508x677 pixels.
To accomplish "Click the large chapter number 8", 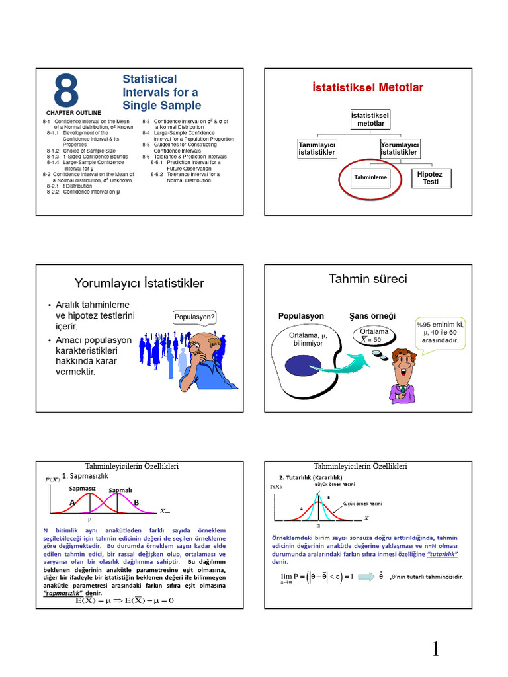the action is pyautogui.click(x=66, y=91).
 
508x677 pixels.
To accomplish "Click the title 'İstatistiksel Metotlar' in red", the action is pyautogui.click(x=367, y=87).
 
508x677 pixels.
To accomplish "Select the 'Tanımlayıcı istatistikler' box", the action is pyautogui.click(x=317, y=149).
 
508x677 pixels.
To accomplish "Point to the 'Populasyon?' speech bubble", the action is pyautogui.click(x=194, y=317).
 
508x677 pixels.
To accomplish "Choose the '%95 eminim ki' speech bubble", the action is pyautogui.click(x=440, y=333).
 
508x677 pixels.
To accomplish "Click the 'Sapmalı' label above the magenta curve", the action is pyautogui.click(x=120, y=490).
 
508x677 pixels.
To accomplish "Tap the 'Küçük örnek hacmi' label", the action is pyautogui.click(x=362, y=504).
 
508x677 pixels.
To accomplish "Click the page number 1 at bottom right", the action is pyautogui.click(x=435, y=650).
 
